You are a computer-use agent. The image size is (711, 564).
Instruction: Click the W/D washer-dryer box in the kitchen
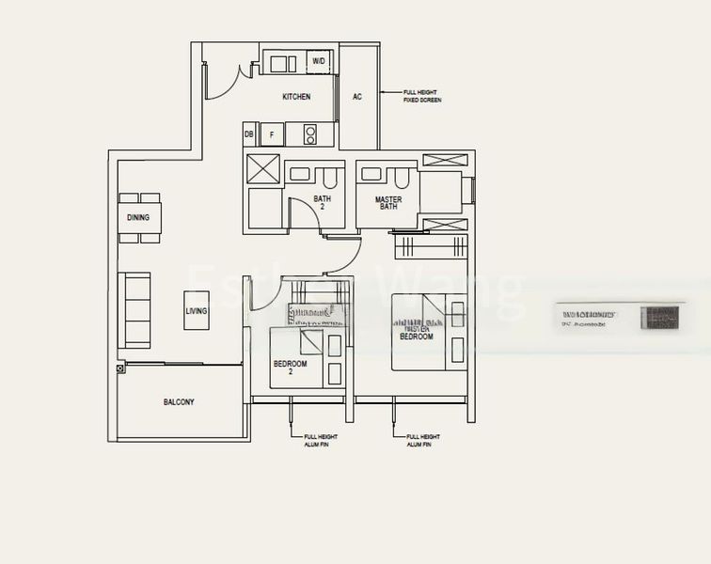tap(319, 62)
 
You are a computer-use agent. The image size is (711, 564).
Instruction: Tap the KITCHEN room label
tap(296, 97)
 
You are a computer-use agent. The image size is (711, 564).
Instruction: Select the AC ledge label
tap(357, 97)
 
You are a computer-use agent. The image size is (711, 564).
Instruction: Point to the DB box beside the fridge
tap(249, 134)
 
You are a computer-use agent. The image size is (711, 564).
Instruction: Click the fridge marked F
tap(272, 134)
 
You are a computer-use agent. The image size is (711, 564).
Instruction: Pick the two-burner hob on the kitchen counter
tap(311, 134)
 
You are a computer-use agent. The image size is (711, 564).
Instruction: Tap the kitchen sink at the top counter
tap(280, 63)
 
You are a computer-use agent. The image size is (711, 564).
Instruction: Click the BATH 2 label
tap(323, 202)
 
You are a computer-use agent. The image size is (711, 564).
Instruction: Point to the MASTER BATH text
tap(387, 203)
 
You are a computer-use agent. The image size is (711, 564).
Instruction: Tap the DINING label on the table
tap(138, 218)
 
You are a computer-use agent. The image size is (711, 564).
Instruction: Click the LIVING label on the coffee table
tap(197, 311)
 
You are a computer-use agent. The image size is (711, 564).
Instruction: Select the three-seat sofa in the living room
tap(136, 310)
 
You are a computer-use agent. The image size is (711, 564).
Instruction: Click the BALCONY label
tap(179, 401)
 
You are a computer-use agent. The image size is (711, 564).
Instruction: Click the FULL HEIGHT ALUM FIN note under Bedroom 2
tap(321, 441)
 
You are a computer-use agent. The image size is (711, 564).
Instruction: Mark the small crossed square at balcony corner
tap(120, 368)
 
